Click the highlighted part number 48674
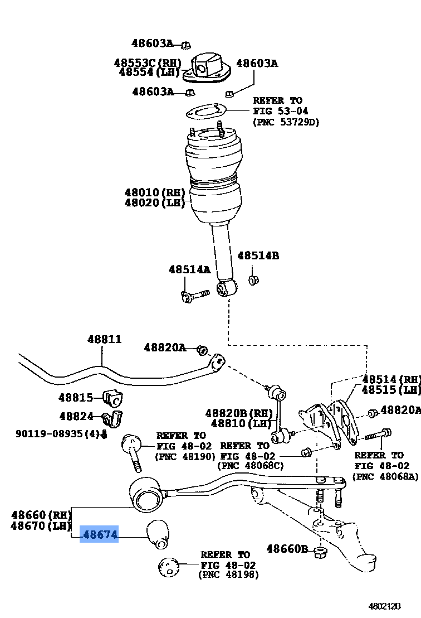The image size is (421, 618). [x=100, y=534]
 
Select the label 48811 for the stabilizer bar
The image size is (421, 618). [x=104, y=339]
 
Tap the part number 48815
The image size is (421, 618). [x=76, y=397]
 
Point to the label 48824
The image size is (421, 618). [x=76, y=416]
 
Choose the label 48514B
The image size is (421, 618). [x=258, y=256]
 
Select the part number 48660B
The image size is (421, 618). [x=287, y=549]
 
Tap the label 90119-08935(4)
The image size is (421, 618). [x=57, y=433]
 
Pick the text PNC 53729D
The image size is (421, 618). [x=286, y=122]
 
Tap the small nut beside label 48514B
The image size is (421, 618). [x=252, y=279]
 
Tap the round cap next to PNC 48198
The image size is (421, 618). [x=169, y=567]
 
